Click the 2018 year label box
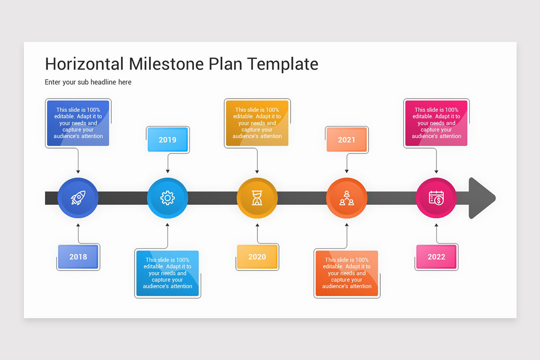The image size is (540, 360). tap(78, 257)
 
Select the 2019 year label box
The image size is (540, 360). tap(167, 139)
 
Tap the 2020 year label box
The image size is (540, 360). tap(257, 257)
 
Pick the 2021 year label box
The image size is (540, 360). tap(346, 139)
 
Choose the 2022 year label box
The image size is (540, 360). tap(436, 257)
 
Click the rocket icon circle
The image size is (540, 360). tap(78, 198)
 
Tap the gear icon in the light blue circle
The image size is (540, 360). tap(167, 198)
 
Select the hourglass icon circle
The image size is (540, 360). tap(257, 198)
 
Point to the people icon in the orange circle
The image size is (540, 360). tap(346, 198)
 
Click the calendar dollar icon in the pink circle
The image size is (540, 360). tap(436, 198)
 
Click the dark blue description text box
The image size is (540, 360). tap(78, 123)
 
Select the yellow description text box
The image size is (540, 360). tap(257, 123)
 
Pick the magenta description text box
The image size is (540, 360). tap(436, 123)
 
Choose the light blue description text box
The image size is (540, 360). tap(167, 273)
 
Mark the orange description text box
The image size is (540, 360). tap(346, 273)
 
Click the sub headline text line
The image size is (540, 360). tap(88, 82)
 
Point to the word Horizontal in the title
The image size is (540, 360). tap(84, 64)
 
